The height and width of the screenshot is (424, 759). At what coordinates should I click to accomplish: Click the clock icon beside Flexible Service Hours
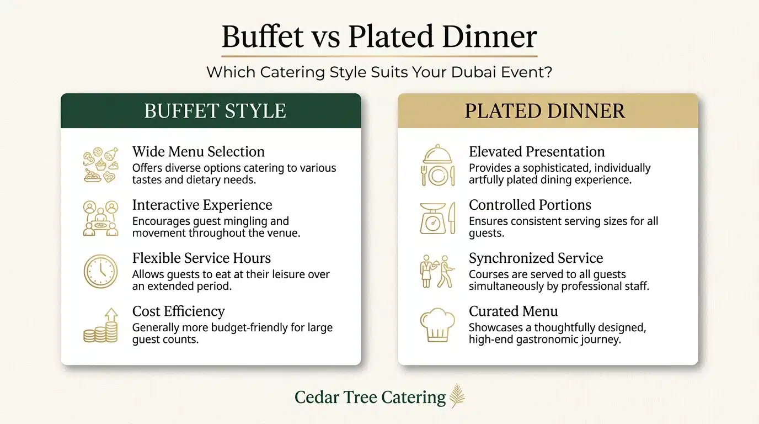click(100, 271)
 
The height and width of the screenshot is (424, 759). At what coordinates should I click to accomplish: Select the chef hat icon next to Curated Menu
click(437, 325)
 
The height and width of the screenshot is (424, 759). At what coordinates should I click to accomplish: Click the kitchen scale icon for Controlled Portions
click(437, 218)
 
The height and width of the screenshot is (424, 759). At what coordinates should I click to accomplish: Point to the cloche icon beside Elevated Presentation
click(437, 165)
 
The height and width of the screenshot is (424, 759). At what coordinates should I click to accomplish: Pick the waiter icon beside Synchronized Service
click(437, 271)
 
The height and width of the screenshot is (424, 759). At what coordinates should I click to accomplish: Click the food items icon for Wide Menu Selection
click(100, 165)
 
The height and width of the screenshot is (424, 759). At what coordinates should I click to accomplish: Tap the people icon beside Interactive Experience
click(100, 218)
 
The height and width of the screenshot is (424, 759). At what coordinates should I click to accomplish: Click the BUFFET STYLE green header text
click(215, 111)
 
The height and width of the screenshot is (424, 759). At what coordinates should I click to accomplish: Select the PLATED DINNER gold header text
click(545, 111)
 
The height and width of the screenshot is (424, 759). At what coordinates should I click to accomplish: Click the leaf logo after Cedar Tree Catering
click(457, 396)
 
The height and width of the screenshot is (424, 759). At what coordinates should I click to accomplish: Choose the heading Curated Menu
click(514, 311)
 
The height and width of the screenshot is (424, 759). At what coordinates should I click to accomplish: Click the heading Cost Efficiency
click(178, 311)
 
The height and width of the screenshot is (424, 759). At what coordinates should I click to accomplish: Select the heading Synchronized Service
click(536, 258)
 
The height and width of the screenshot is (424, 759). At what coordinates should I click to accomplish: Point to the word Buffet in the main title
click(263, 37)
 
